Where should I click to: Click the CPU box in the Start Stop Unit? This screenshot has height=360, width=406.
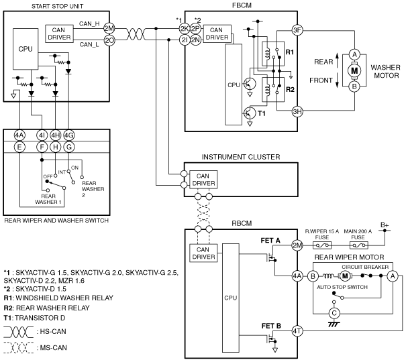click(x=26, y=49)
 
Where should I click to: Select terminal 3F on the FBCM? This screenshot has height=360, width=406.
click(x=297, y=30)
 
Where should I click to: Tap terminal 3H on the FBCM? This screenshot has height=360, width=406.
click(x=297, y=112)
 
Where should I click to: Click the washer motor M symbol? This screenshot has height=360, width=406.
click(x=354, y=70)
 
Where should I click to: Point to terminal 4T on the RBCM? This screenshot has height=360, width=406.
click(x=297, y=331)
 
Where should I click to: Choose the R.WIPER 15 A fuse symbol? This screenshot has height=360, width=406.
click(x=322, y=245)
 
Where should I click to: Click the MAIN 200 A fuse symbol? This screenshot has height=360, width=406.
click(x=358, y=245)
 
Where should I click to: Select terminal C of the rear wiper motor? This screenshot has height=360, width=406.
click(x=334, y=314)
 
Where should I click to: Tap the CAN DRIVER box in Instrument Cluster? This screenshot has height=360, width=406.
click(x=203, y=180)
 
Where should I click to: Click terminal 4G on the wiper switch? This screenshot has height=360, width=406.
click(x=69, y=135)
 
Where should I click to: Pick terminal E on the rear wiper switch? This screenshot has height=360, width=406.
click(x=19, y=147)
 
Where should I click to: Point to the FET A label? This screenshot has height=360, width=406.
click(x=270, y=241)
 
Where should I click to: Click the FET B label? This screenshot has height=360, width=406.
click(x=271, y=326)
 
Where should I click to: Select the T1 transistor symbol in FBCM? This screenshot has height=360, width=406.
click(x=250, y=113)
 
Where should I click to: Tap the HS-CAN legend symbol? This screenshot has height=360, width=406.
click(x=19, y=332)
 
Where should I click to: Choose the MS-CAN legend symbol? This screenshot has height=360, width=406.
click(x=19, y=348)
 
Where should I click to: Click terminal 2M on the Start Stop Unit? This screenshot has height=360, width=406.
click(x=109, y=28)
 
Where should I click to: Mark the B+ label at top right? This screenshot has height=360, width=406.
click(x=385, y=225)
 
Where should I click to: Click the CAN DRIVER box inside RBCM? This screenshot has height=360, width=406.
click(x=203, y=253)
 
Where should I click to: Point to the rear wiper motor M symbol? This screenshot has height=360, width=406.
click(x=345, y=276)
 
